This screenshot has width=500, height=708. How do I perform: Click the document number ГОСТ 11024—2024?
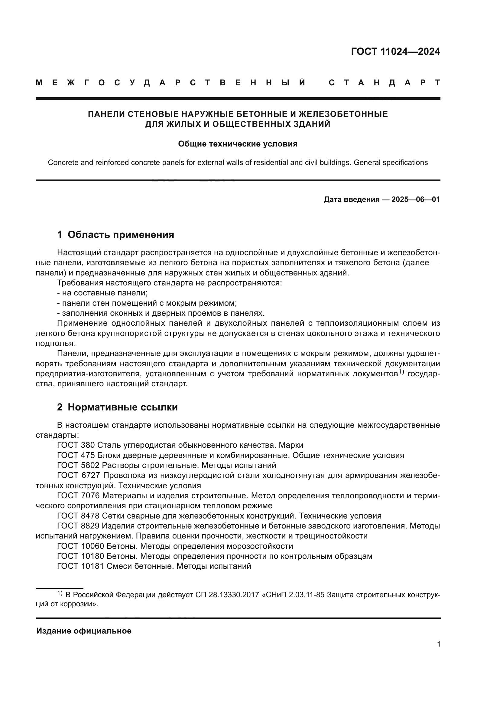[x=395, y=51]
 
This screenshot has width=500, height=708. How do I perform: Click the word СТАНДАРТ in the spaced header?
[x=385, y=83]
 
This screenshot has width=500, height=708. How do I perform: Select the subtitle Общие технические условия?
[x=238, y=144]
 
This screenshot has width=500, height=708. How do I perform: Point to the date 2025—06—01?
[x=416, y=199]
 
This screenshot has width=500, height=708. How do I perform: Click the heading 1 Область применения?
[x=115, y=235]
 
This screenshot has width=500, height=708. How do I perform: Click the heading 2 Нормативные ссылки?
[x=117, y=407]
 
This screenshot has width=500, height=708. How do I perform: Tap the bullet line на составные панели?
[x=102, y=293]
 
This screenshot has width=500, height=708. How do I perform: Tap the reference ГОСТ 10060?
[x=81, y=546]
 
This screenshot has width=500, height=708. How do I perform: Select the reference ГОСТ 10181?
[x=81, y=566]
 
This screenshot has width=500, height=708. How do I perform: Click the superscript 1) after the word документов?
[x=401, y=372]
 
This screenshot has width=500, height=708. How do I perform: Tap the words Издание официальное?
[x=84, y=631]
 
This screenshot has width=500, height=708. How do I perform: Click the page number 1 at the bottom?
[x=438, y=644]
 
